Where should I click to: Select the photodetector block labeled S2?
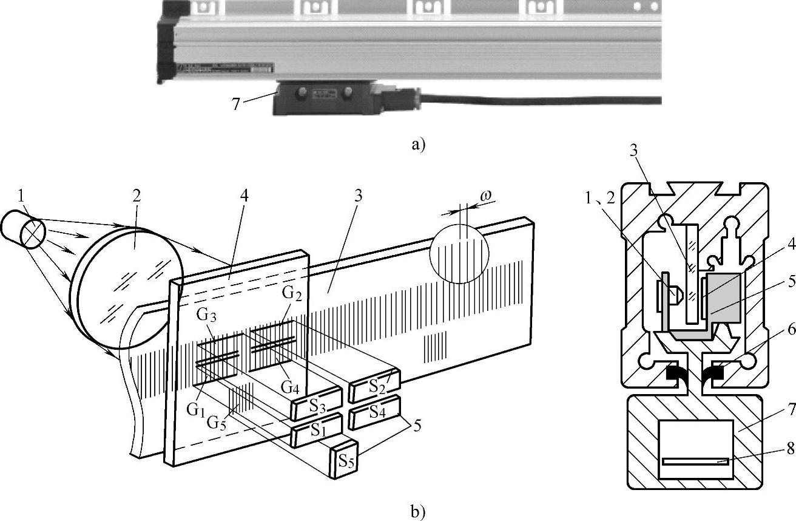[374, 386]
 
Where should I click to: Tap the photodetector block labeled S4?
[374, 412]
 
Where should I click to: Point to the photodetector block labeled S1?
[316, 431]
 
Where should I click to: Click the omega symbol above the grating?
[485, 196]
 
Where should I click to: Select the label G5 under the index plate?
[217, 423]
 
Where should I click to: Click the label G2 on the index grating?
[292, 293]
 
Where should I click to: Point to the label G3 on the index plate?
[206, 315]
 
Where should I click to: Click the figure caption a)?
[418, 145]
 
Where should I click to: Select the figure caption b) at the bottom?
[418, 512]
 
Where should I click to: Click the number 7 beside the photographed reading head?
[235, 104]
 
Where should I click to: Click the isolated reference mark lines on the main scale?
[435, 347]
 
